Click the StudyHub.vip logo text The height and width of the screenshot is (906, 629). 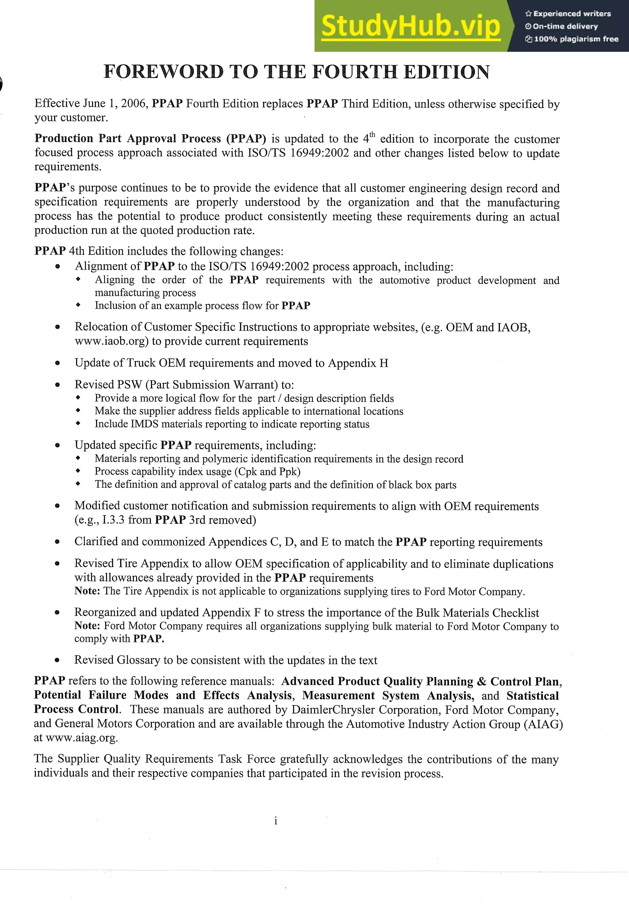(x=410, y=26)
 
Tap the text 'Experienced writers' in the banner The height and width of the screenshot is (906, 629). (x=572, y=14)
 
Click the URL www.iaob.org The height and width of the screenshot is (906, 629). (x=110, y=341)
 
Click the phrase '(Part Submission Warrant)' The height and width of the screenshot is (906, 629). (x=218, y=385)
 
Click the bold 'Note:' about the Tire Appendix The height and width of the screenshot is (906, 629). (x=88, y=591)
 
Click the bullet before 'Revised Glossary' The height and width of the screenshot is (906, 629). (x=57, y=660)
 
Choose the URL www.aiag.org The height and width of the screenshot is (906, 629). (x=81, y=738)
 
